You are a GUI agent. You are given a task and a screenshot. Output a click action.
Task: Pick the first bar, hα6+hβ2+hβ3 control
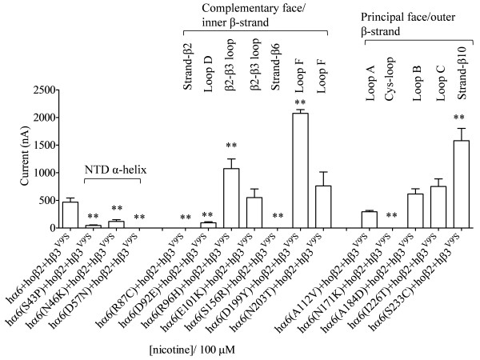coord(70,215)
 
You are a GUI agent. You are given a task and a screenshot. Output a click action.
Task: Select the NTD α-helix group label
coord(112,170)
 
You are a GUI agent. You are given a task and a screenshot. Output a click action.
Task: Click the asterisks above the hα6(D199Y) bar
coord(300,103)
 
